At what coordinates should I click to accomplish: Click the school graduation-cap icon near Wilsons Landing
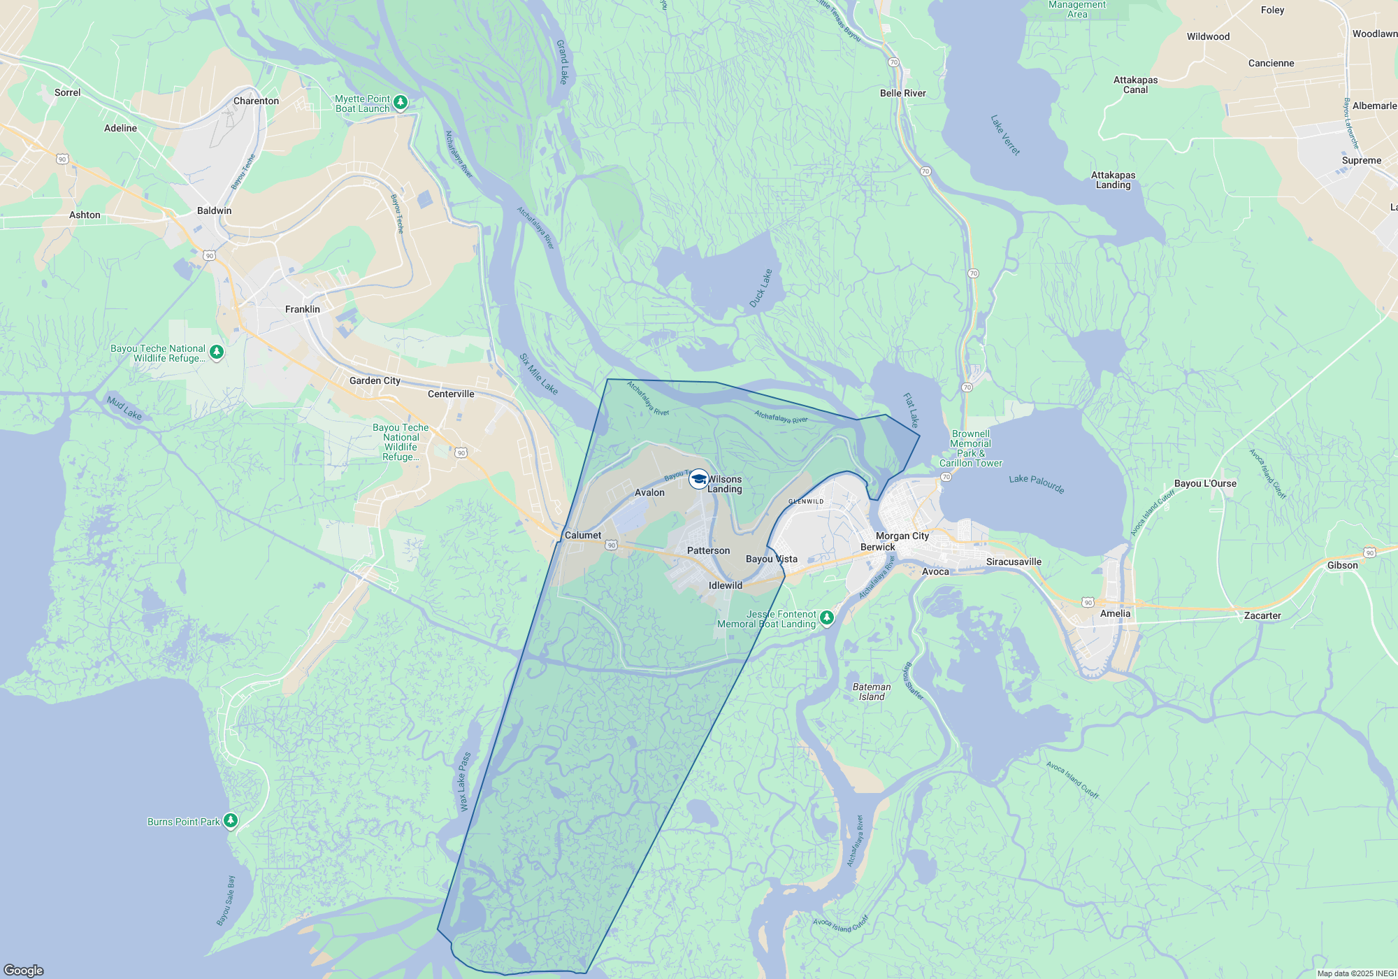pyautogui.click(x=698, y=479)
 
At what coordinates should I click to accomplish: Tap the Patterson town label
pyautogui.click(x=708, y=550)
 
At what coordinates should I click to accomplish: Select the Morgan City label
pyautogui.click(x=902, y=536)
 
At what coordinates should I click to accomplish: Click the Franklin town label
pyautogui.click(x=302, y=309)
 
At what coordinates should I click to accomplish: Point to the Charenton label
pyautogui.click(x=256, y=101)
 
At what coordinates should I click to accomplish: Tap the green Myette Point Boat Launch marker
pyautogui.click(x=401, y=103)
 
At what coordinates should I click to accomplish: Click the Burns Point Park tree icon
pyautogui.click(x=230, y=821)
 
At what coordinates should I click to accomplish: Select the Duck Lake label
pyautogui.click(x=761, y=288)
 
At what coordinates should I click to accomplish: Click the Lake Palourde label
pyautogui.click(x=1036, y=483)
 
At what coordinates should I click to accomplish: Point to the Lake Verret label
pyautogui.click(x=1005, y=135)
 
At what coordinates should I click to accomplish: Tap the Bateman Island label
pyautogui.click(x=872, y=692)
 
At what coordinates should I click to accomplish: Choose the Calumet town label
pyautogui.click(x=582, y=535)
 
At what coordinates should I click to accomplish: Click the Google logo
pyautogui.click(x=24, y=970)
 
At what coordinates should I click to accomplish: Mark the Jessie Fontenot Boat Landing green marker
pyautogui.click(x=827, y=617)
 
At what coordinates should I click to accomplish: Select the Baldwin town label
pyautogui.click(x=214, y=210)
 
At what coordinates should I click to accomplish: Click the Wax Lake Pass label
pyautogui.click(x=465, y=782)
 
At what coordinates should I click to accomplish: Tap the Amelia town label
pyautogui.click(x=1115, y=613)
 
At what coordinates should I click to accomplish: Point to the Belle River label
pyautogui.click(x=902, y=93)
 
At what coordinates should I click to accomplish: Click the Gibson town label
pyautogui.click(x=1342, y=565)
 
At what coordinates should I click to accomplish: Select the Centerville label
pyautogui.click(x=451, y=394)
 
